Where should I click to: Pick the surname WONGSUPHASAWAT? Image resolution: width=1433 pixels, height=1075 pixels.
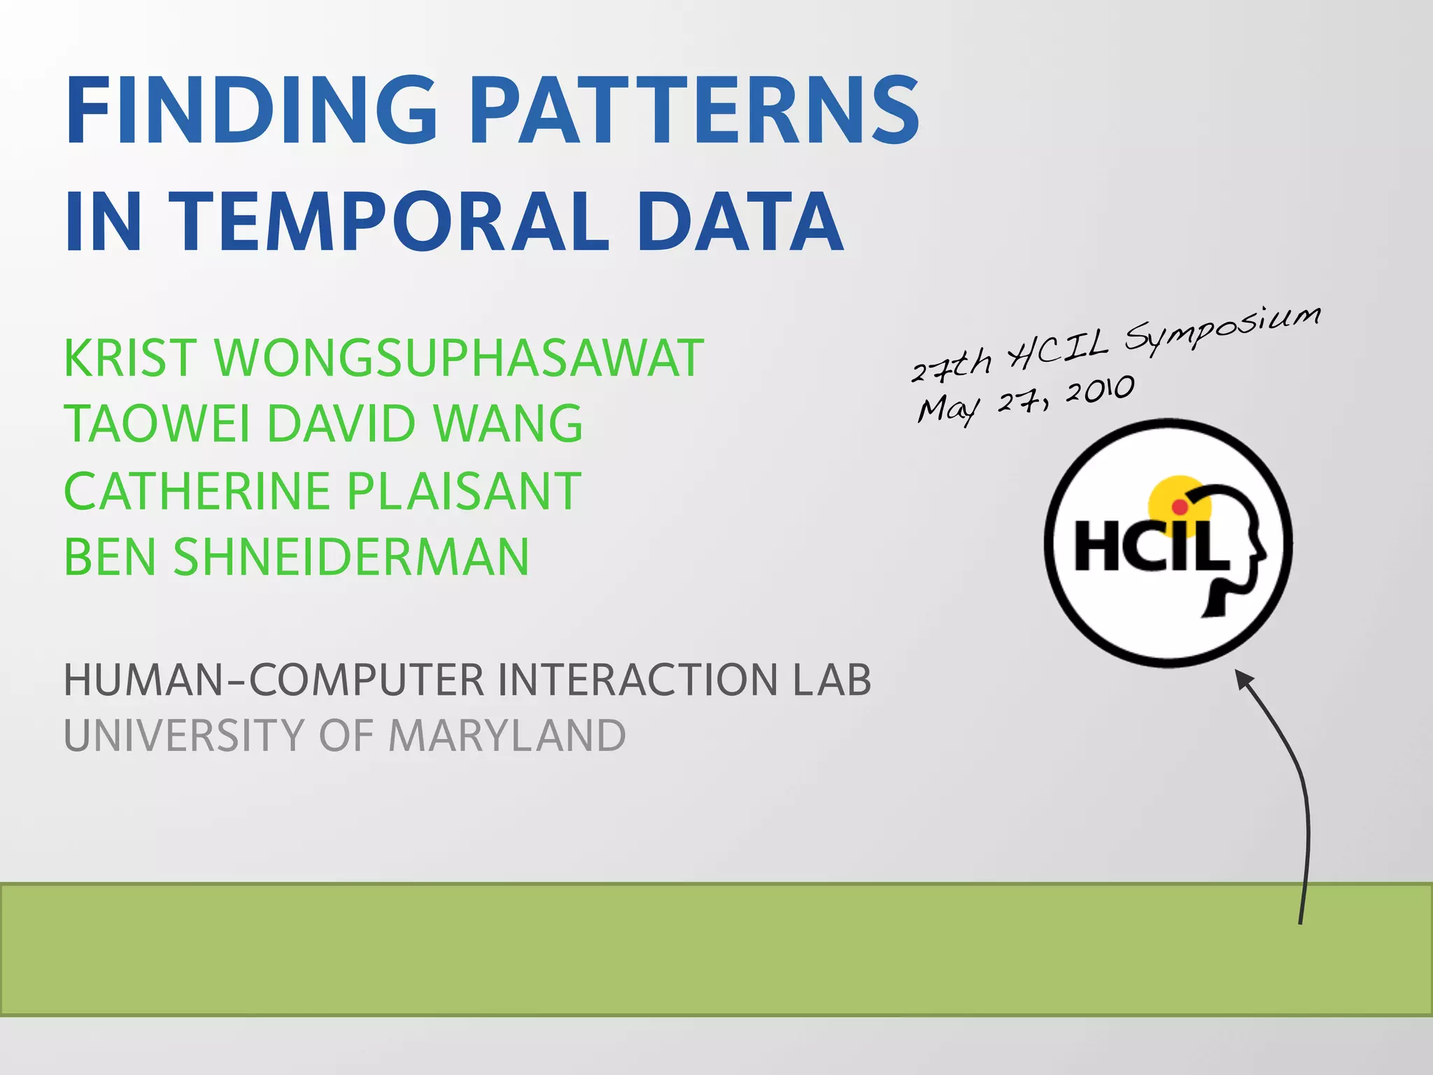tap(459, 358)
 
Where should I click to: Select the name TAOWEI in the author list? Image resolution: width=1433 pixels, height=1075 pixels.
tap(157, 424)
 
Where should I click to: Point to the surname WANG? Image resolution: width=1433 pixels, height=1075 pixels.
tap(507, 424)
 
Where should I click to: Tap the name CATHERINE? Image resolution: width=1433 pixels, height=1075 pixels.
tap(196, 491)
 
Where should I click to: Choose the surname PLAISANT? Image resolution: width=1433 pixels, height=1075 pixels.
tap(464, 491)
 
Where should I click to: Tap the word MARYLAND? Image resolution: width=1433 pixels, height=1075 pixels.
tap(507, 736)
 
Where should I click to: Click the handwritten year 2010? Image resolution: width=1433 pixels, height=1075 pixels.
tap(1099, 391)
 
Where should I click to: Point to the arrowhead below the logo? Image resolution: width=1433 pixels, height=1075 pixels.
tap(1245, 680)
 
